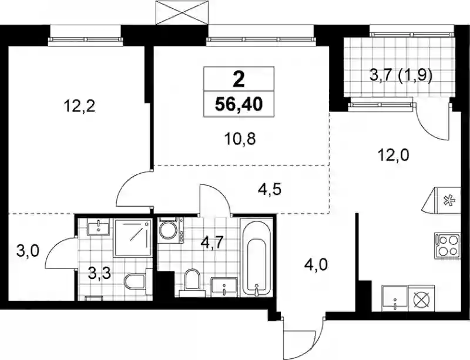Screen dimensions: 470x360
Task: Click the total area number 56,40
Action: tap(239, 105)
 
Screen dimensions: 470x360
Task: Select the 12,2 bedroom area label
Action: tap(79, 106)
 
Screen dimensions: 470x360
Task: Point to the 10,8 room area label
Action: tap(240, 139)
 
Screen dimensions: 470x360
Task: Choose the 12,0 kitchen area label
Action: tap(393, 155)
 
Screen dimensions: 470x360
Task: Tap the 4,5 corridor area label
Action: tap(270, 190)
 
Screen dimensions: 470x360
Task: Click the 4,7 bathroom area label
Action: tap(212, 243)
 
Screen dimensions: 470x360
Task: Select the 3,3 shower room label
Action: tap(100, 273)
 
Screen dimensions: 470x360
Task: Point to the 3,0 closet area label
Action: tap(28, 251)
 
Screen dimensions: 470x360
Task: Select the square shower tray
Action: tap(132, 238)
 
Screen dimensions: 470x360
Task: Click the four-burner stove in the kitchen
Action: tap(447, 245)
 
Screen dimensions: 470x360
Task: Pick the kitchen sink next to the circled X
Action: tap(395, 298)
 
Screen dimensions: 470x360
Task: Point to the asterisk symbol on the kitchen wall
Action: tap(449, 200)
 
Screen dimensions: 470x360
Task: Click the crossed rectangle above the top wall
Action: tap(182, 13)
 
